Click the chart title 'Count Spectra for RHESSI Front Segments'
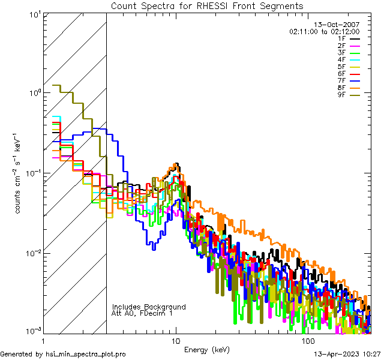[207, 5]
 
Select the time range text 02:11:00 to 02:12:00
[324, 31]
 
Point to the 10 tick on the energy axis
[176, 340]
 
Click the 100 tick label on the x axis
[308, 340]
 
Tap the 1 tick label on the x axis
[44, 340]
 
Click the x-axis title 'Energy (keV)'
[206, 349]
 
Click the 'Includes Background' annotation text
[149, 307]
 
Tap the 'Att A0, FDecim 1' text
[142, 313]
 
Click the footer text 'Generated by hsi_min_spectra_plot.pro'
[63, 354]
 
